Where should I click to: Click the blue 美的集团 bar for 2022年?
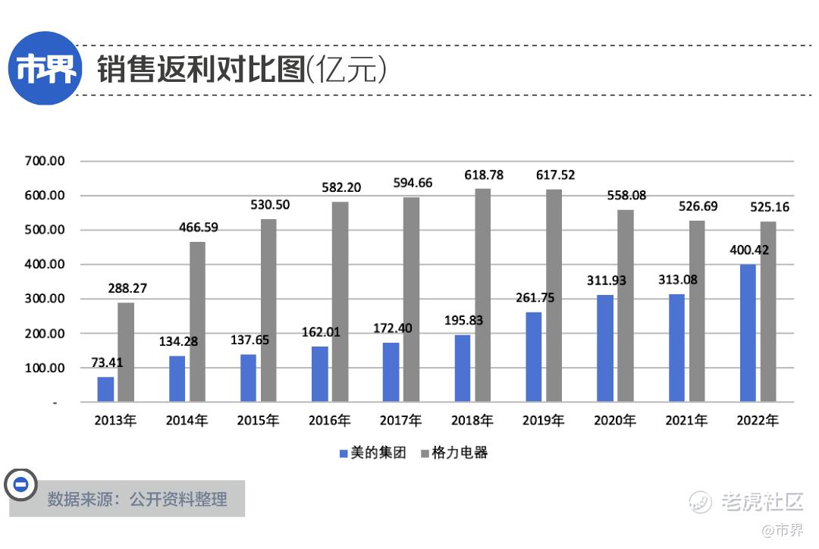click(748, 333)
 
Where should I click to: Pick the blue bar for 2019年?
click(534, 356)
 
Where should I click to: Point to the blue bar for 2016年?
click(320, 374)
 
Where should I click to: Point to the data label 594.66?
click(413, 183)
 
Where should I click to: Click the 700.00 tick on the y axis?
click(45, 162)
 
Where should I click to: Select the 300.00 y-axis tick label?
click(45, 300)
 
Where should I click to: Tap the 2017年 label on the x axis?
click(400, 420)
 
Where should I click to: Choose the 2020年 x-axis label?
click(615, 420)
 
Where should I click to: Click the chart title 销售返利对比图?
click(201, 70)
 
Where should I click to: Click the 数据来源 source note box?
click(136, 499)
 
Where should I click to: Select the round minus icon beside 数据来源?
click(21, 485)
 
